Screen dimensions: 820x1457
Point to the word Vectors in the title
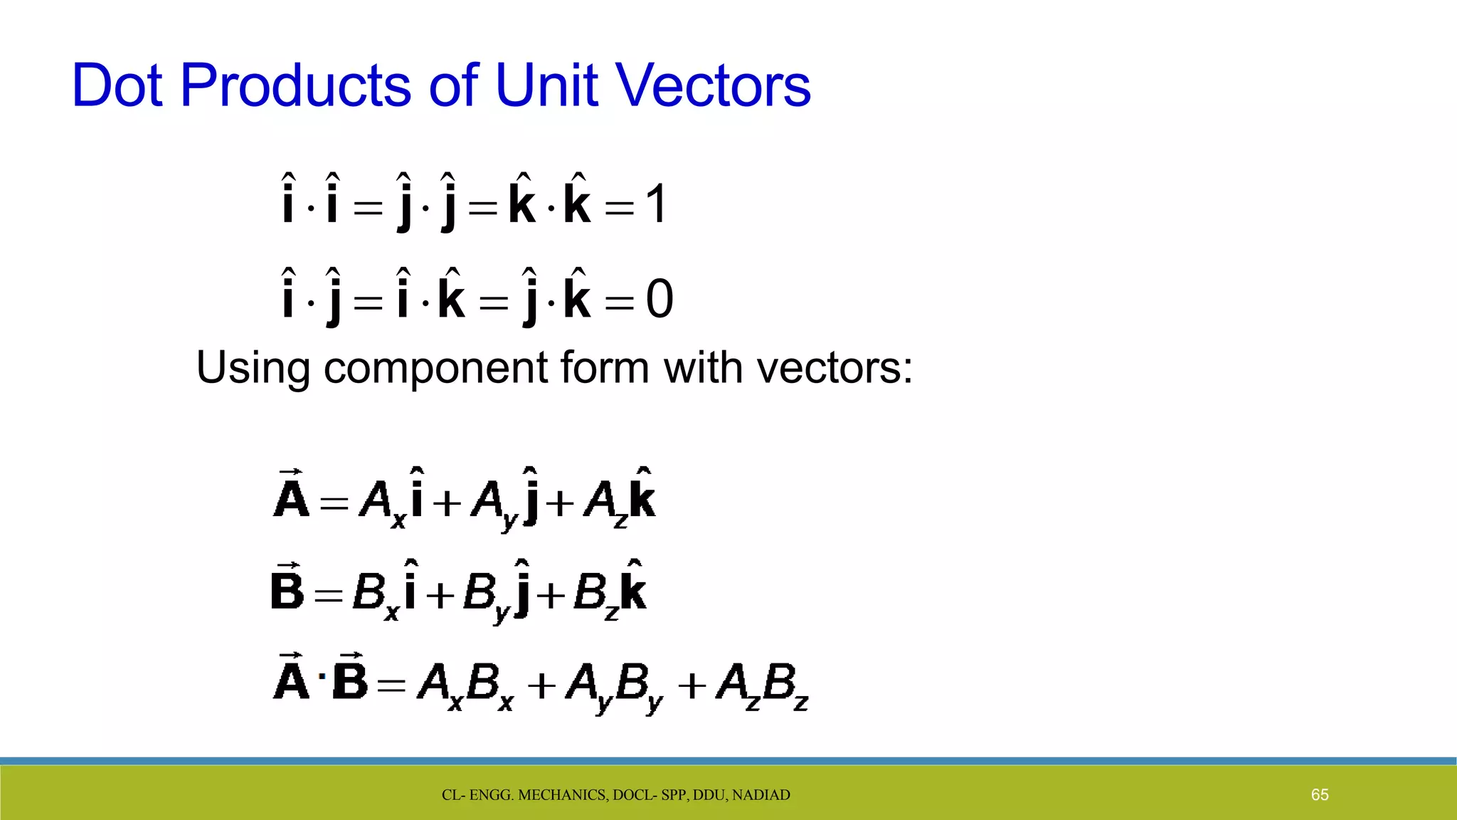[x=713, y=85]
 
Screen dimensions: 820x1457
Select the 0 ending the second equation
[x=659, y=300]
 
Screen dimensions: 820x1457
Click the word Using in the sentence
[x=253, y=369]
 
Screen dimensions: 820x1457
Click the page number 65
[x=1320, y=795]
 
